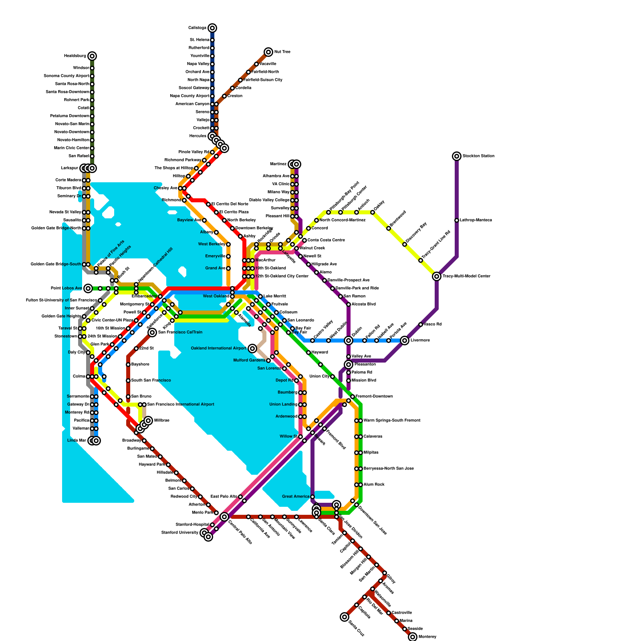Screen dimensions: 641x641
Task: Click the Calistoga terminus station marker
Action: tap(212, 28)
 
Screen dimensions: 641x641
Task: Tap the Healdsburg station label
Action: tap(75, 56)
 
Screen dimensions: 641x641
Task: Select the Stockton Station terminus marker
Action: tap(457, 156)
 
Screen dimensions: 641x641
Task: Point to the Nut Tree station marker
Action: tap(268, 52)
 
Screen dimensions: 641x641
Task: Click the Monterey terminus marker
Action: tap(413, 637)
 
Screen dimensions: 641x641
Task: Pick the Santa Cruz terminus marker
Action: tap(345, 617)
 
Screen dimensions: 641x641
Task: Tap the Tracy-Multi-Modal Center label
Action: tap(466, 276)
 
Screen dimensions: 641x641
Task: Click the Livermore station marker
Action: tap(405, 341)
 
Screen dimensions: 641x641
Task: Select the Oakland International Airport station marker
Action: tap(252, 349)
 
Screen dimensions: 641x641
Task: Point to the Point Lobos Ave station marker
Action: tap(88, 288)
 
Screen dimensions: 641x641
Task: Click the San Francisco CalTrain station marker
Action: tap(152, 333)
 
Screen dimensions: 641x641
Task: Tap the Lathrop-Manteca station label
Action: tap(476, 220)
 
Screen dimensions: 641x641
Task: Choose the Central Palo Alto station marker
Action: tap(224, 517)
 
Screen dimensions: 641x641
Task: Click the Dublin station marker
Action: tap(349, 341)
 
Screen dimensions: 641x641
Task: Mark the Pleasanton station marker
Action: tap(349, 365)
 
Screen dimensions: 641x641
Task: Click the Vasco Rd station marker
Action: tap(421, 325)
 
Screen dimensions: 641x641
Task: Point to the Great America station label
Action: tap(296, 497)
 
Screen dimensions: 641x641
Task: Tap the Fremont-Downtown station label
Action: tap(374, 397)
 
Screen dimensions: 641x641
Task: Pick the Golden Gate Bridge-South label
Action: tap(56, 264)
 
